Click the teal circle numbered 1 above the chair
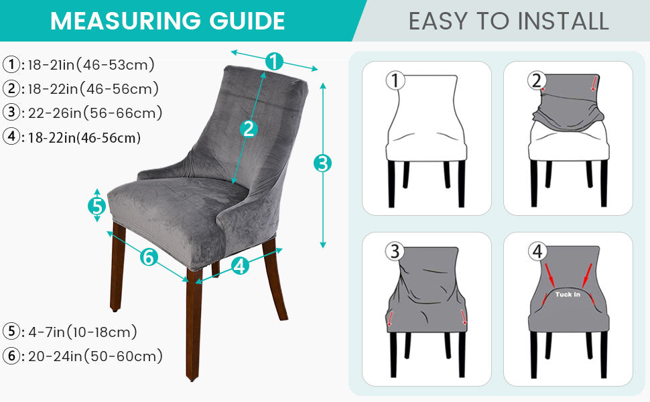273,62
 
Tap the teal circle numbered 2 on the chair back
249,129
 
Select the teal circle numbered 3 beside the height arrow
322,163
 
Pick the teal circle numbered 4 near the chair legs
240,265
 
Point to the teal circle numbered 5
97,206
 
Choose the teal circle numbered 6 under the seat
149,257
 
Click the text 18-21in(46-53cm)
91,64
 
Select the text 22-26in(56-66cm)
95,113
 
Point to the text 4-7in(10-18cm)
82,332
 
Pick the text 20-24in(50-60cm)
95,356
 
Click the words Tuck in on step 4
568,294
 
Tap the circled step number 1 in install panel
395,80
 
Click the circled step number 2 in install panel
536,80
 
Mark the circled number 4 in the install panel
537,251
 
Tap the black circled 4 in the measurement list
11,137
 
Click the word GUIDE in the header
247,21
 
